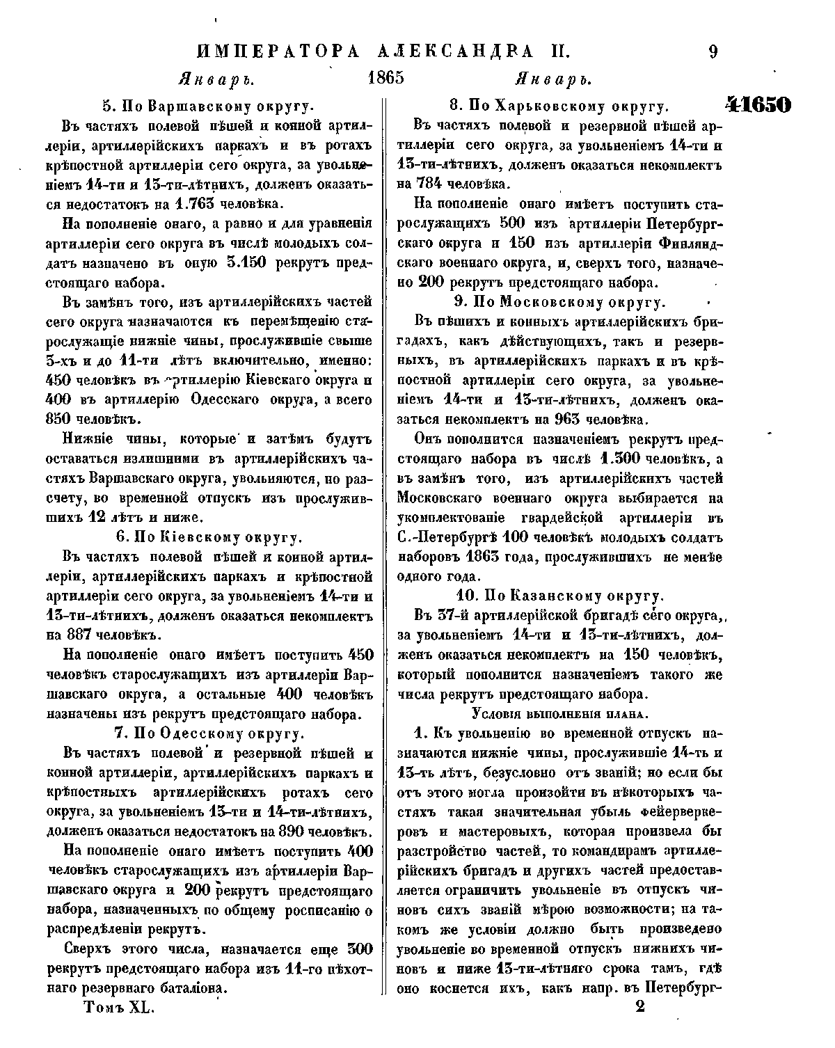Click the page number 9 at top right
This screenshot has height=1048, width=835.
click(713, 51)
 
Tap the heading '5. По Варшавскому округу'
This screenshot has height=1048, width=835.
click(208, 106)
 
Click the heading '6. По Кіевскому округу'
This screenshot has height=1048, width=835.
click(207, 537)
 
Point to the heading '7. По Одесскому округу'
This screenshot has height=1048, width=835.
click(208, 733)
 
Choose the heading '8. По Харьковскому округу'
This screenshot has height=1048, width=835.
click(559, 106)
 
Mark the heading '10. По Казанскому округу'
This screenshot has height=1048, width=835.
click(558, 596)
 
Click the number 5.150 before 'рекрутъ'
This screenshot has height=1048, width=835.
click(246, 264)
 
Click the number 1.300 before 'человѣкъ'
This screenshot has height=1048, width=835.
click(617, 459)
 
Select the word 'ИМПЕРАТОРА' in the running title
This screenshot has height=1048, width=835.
click(278, 51)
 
